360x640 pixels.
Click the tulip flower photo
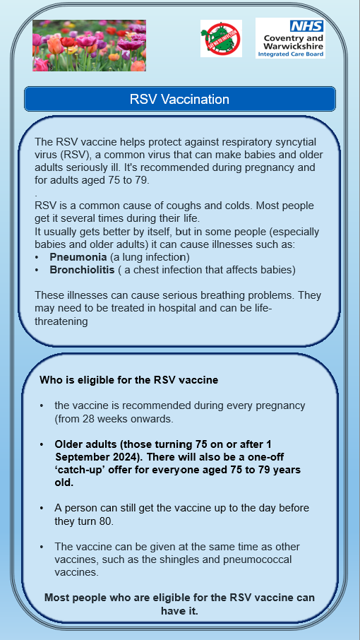[x=89, y=45]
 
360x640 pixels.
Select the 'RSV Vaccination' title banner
[x=179, y=99]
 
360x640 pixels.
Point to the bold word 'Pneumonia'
[x=78, y=257]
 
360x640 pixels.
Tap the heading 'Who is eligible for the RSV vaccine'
[x=128, y=380]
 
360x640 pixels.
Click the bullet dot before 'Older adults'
[x=42, y=444]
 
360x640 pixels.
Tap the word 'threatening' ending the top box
[x=61, y=321]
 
